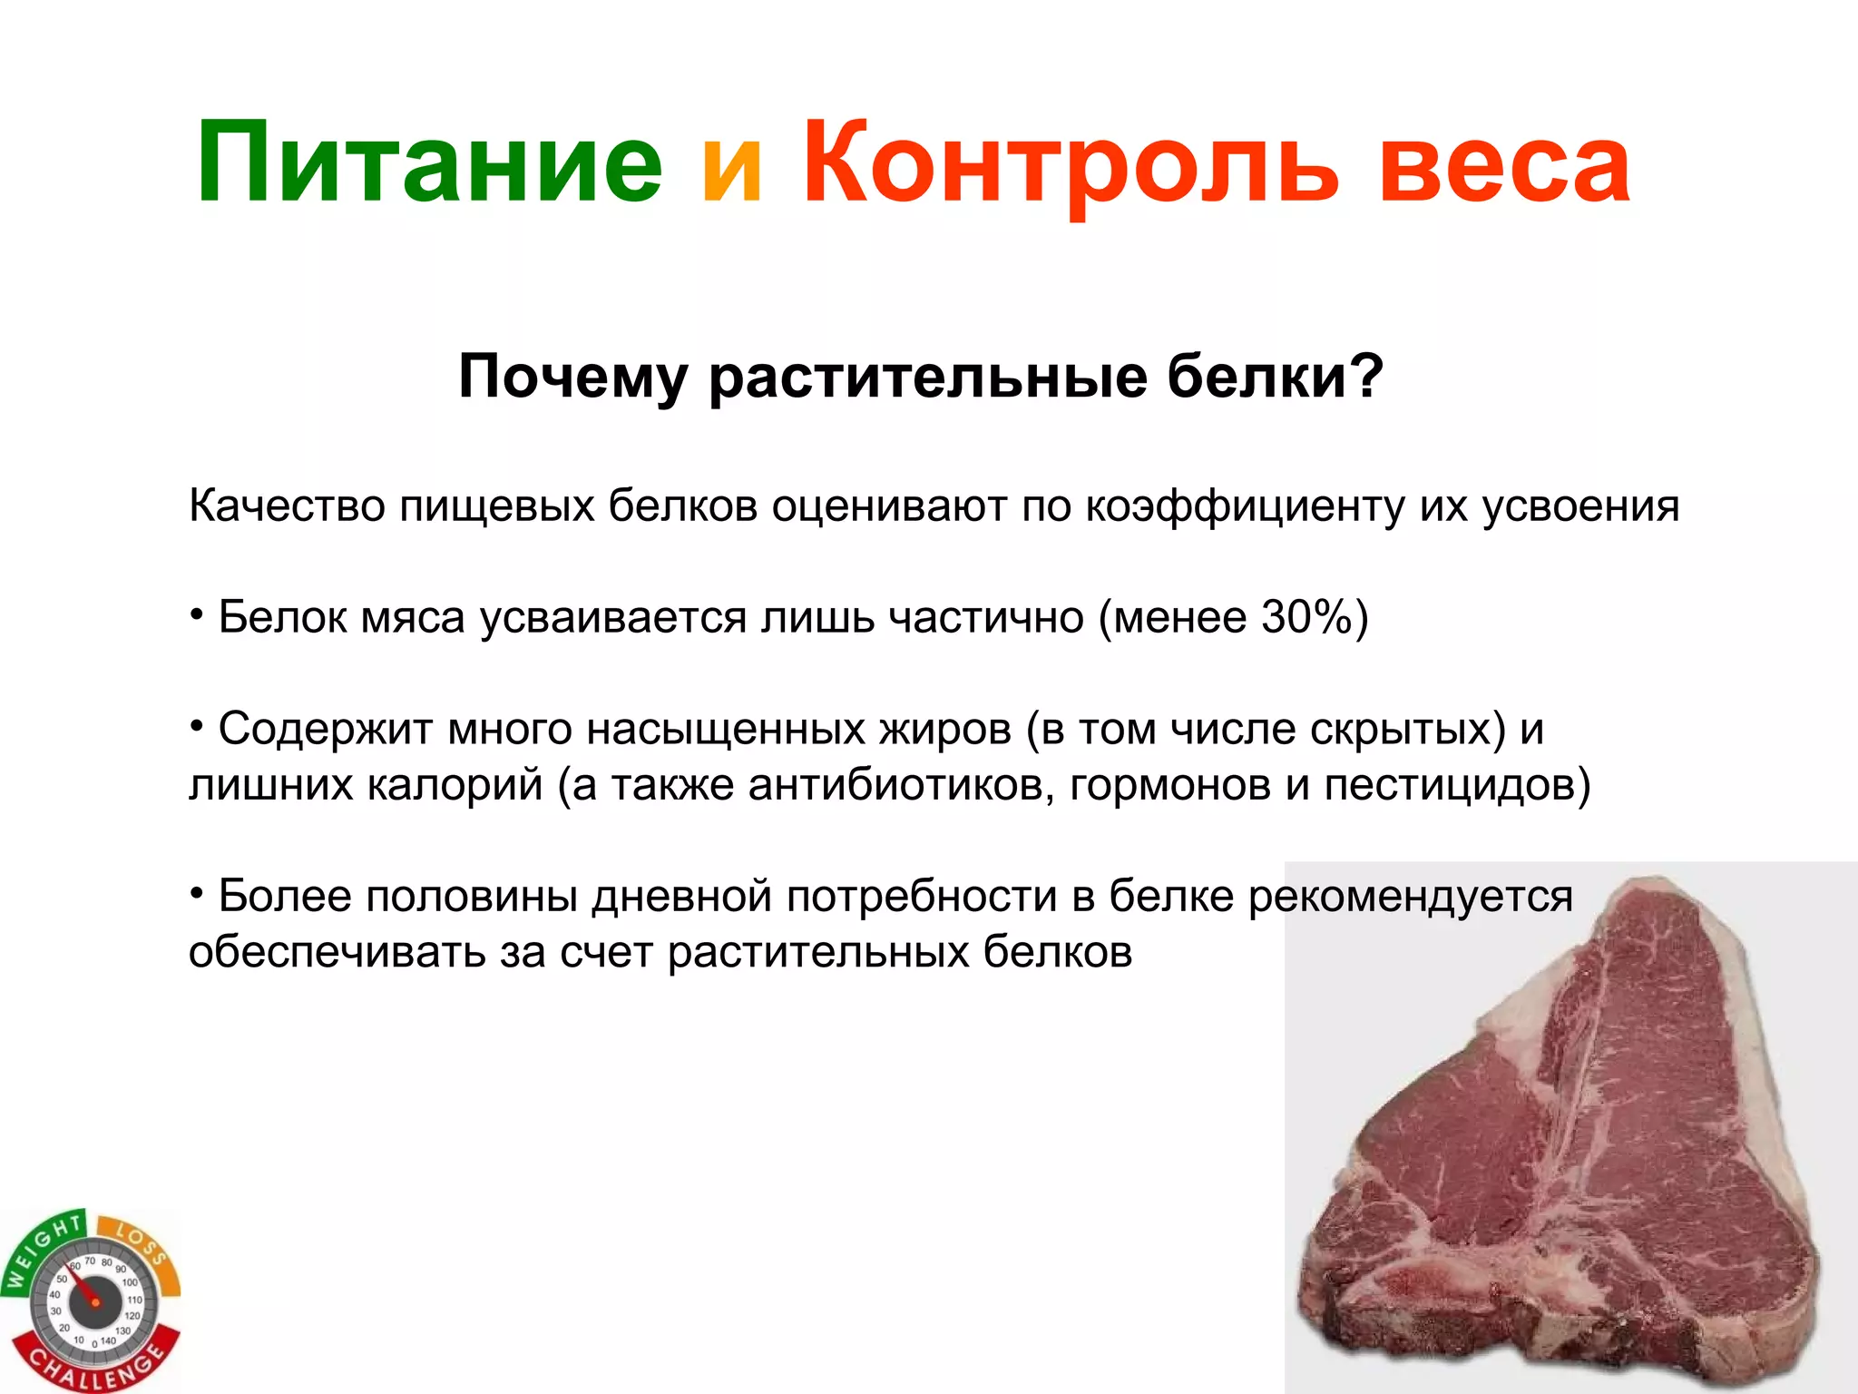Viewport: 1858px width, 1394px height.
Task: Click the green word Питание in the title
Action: [429, 163]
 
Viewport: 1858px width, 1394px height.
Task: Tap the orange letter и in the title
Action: [731, 169]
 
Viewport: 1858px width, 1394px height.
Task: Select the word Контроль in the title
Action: [1071, 163]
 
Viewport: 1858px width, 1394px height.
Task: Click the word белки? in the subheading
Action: [1275, 376]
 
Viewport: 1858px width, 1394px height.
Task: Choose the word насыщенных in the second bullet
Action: [725, 729]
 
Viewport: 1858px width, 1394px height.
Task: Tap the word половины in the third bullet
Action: [473, 897]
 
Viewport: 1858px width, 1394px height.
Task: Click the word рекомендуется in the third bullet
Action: [1410, 897]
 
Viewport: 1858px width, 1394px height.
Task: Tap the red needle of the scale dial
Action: [83, 1288]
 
